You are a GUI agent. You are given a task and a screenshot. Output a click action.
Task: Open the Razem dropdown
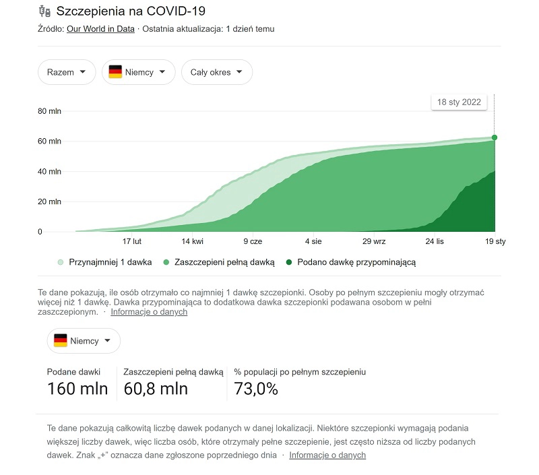pos(67,72)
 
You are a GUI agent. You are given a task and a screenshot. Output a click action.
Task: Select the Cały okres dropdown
pos(216,72)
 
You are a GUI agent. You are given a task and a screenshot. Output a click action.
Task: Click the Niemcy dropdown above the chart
pos(138,72)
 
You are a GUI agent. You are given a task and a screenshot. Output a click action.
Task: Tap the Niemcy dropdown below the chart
pos(84,341)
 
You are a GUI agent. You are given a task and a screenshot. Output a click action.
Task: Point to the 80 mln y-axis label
pos(50,111)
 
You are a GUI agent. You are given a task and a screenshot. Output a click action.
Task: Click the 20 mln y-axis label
pos(50,201)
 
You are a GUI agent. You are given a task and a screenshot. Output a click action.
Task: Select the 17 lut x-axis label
pos(131,241)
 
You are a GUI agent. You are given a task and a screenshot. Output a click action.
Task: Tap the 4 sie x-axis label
pos(313,241)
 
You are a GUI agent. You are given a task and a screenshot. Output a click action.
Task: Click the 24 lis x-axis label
pos(435,241)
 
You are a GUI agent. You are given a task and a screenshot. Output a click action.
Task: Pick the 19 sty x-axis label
pos(495,241)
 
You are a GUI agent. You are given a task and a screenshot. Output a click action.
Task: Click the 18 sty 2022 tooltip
pos(459,102)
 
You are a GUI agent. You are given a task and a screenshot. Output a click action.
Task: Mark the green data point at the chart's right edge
pos(495,137)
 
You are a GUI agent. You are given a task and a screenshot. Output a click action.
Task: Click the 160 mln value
pos(77,389)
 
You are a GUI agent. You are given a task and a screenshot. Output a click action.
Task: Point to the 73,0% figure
pos(256,389)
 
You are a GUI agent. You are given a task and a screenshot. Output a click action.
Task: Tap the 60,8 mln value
pos(156,389)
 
